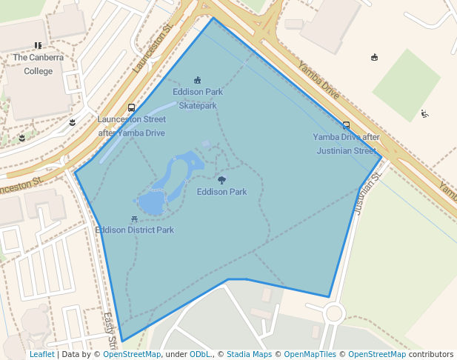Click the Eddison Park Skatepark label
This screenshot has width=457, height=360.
pos(198,99)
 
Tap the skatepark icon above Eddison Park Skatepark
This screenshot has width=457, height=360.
pos(197,80)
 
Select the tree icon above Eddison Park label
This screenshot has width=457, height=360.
pos(221,180)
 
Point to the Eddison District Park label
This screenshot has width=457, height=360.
pos(135,230)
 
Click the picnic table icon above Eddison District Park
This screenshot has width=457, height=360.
pos(133,219)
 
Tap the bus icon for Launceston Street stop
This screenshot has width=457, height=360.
pos(132,108)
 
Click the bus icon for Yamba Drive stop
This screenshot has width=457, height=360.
pos(346,125)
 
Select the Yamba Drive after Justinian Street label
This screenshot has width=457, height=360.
pos(346,144)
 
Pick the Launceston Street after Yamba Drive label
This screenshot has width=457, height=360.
pos(132,126)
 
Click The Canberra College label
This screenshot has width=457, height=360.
pos(38,64)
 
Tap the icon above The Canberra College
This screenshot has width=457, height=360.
pos(38,46)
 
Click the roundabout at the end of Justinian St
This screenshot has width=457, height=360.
pos(334,313)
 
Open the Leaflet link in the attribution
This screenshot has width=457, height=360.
pos(41,355)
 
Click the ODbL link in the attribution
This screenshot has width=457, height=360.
pos(200,355)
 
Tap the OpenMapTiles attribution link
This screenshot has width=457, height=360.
pos(311,355)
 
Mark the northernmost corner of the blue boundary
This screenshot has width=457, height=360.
pos(213,18)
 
